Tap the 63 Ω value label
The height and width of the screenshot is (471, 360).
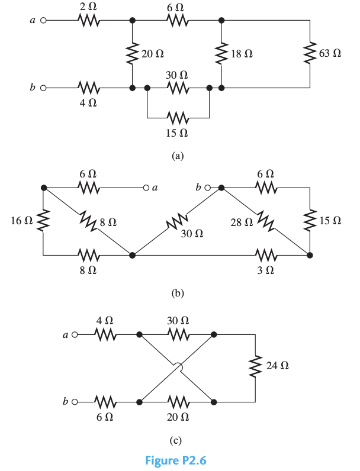coord(330,53)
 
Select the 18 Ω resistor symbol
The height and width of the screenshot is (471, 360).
coord(221,53)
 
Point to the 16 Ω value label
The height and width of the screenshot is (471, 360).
coord(22,221)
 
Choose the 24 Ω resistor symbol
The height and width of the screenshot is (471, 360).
coord(256,367)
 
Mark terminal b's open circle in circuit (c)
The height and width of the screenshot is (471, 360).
coord(75,402)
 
